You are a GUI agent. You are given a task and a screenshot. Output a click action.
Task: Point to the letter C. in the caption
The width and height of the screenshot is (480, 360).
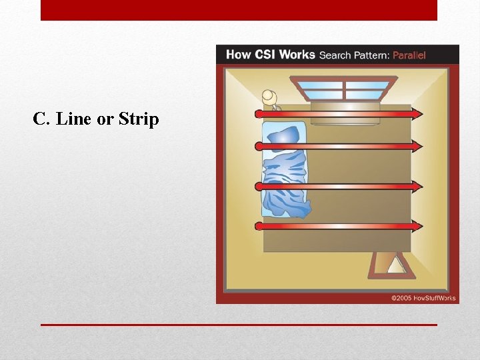pos(41,119)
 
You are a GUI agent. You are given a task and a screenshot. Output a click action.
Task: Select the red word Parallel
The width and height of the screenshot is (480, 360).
pos(409,55)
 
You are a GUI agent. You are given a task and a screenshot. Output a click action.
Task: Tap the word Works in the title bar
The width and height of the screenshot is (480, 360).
pos(297,55)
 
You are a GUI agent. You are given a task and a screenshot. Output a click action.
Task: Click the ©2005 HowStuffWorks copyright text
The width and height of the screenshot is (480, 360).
pos(423,298)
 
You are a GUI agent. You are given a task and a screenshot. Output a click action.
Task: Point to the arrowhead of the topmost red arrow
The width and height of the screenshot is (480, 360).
pos(417,114)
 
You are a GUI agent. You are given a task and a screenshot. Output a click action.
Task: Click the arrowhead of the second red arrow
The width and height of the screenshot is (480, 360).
pos(417,146)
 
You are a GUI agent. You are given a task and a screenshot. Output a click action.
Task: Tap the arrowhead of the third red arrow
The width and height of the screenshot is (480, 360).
pos(417,187)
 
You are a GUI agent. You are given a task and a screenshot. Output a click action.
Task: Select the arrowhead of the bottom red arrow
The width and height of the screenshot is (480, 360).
pos(417,227)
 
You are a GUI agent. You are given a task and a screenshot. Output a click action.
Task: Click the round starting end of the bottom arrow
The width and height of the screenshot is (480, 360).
pos(259,227)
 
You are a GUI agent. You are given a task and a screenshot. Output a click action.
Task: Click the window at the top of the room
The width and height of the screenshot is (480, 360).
pos(344,88)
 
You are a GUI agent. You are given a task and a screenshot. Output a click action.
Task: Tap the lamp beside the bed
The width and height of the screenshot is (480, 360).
pos(271,98)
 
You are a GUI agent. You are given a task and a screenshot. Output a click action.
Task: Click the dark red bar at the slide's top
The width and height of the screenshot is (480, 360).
pos(239,10)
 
